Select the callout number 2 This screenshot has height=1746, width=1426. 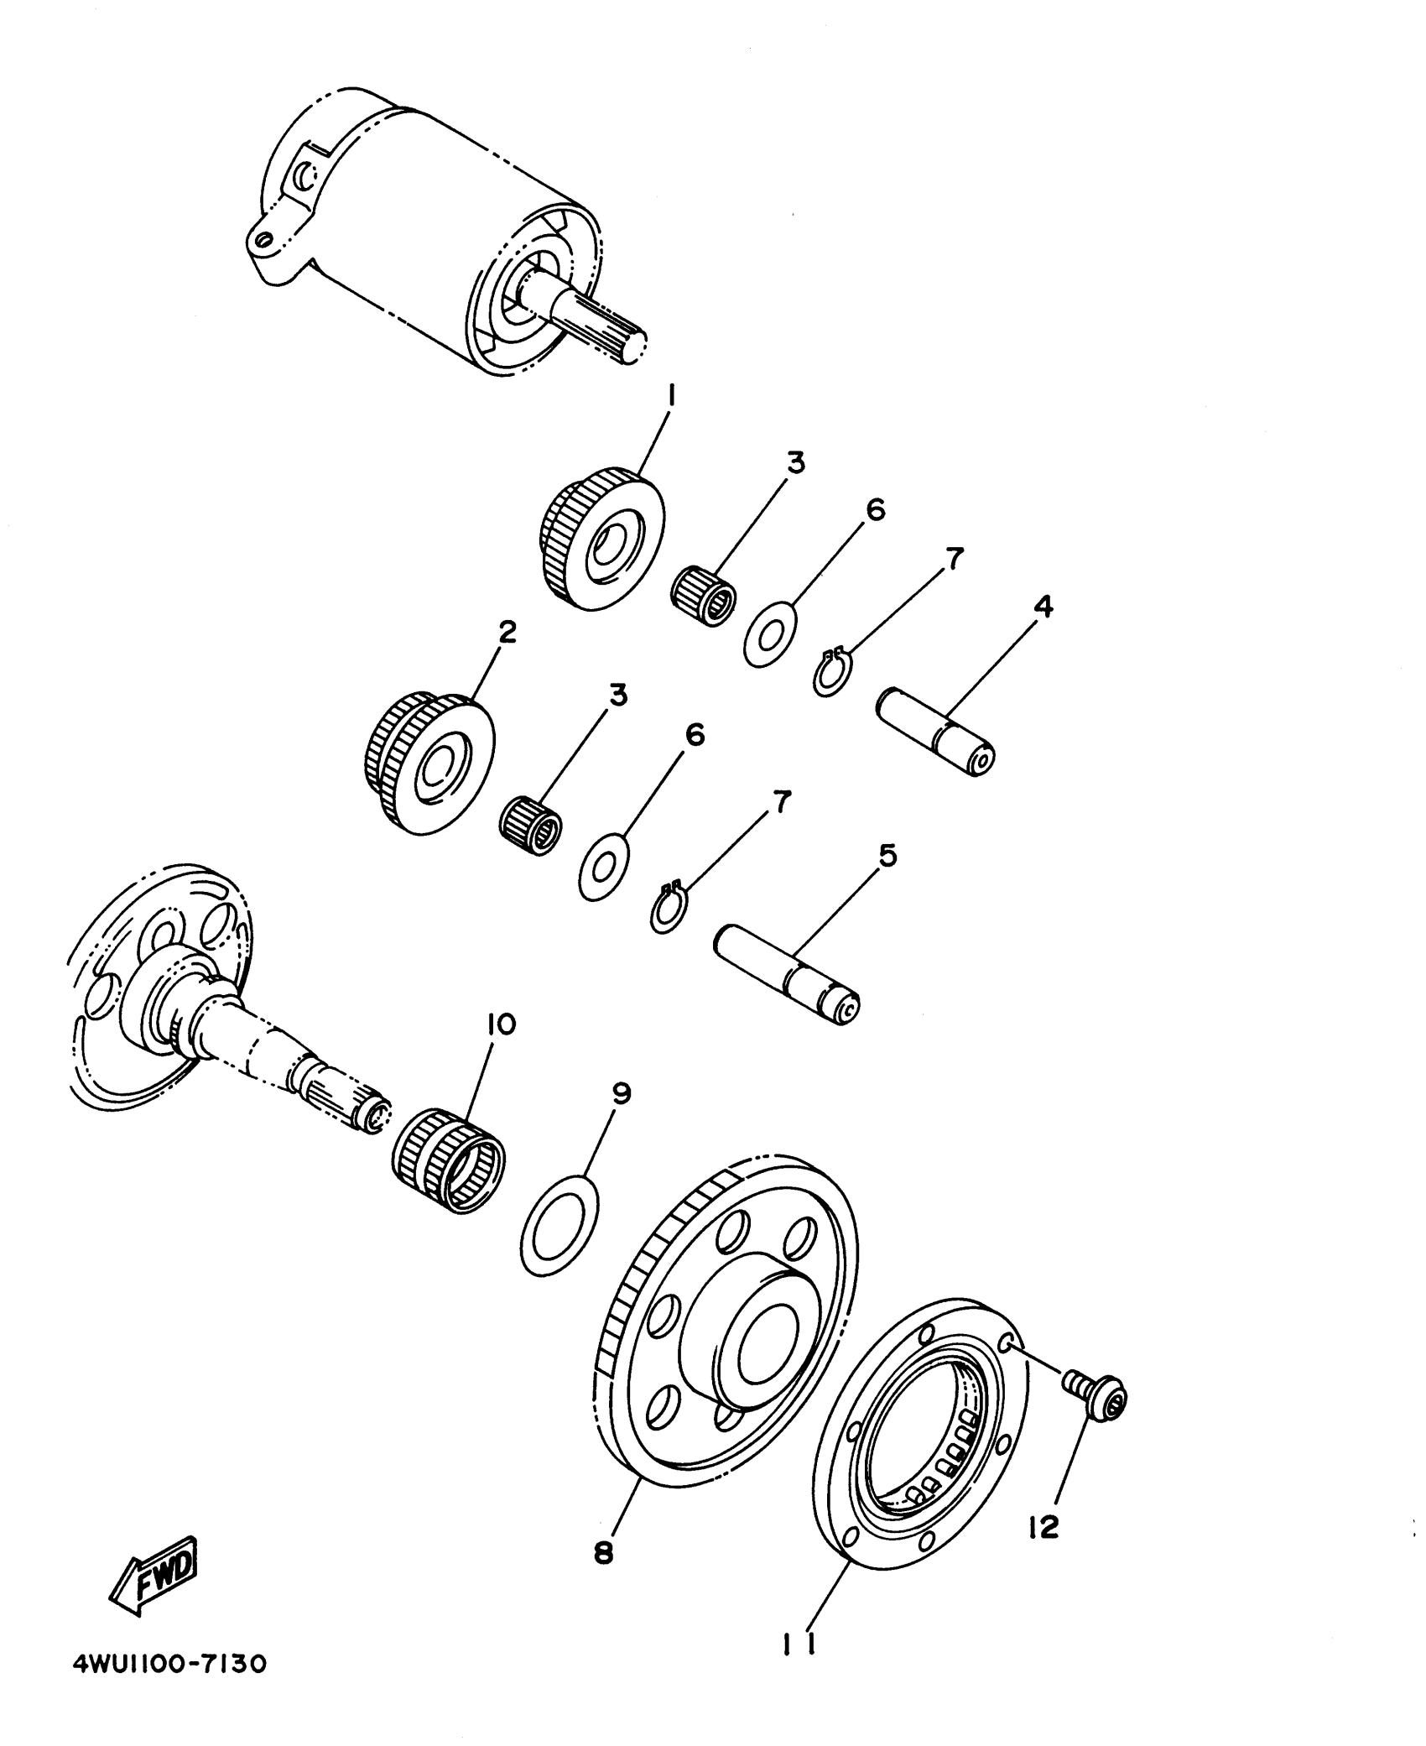(507, 633)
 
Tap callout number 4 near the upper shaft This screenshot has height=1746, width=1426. (1043, 606)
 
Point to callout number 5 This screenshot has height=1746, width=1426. (887, 856)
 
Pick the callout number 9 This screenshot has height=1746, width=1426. (622, 1093)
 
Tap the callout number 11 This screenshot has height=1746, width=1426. (799, 1646)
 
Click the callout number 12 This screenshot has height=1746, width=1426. (1043, 1529)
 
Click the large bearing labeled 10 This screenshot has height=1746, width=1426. (449, 1160)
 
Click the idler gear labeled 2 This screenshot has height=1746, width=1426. (429, 762)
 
